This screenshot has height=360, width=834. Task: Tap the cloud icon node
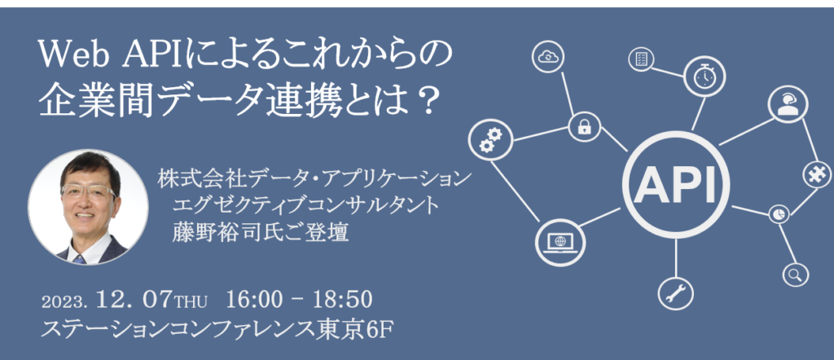pyautogui.click(x=547, y=56)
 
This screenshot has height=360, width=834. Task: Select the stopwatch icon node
pyautogui.click(x=705, y=77)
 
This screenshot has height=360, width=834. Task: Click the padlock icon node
pyautogui.click(x=585, y=127)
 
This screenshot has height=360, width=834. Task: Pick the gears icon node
pyautogui.click(x=490, y=139)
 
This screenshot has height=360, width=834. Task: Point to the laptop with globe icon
pyautogui.click(x=560, y=241)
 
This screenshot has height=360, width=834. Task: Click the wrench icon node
pyautogui.click(x=675, y=292)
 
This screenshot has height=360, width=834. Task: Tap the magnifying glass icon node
pyautogui.click(x=795, y=274)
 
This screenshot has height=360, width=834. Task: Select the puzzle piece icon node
pyautogui.click(x=816, y=174)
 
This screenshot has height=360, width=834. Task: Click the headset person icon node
pyautogui.click(x=788, y=103)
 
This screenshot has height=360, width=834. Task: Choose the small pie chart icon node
pyautogui.click(x=779, y=213)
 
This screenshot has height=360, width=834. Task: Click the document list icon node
pyautogui.click(x=640, y=59)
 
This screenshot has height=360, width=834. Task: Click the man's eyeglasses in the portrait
pyautogui.click(x=88, y=191)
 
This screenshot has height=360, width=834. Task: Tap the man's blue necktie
pyautogui.click(x=80, y=260)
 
